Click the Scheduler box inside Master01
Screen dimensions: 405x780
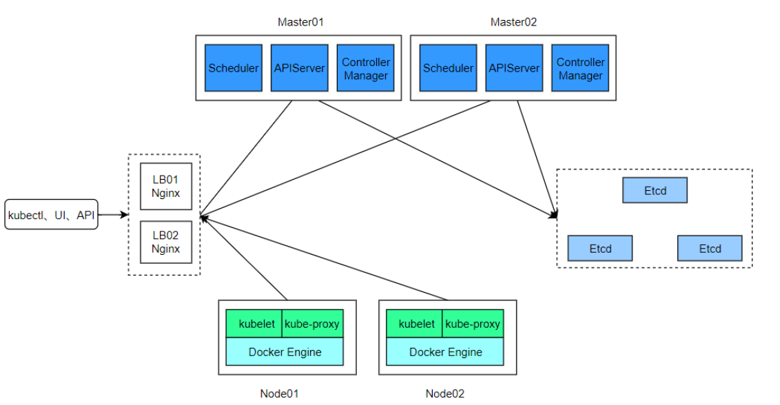coord(234,68)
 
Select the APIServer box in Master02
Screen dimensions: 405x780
coord(513,68)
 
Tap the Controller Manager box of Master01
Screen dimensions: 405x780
coord(366,68)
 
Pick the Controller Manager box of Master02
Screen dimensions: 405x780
coord(580,68)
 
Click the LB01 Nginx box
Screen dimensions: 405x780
coord(166,186)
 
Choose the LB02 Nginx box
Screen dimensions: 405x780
coord(166,242)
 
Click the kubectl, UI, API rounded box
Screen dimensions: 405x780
coord(52,215)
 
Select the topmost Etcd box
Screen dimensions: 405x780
coord(655,190)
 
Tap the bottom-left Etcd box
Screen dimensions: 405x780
coord(599,248)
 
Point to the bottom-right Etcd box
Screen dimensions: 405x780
coord(710,248)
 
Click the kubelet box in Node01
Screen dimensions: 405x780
coord(254,324)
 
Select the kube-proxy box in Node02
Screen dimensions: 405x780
coord(472,324)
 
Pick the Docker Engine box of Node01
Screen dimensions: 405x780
coord(285,352)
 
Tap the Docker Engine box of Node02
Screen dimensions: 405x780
coord(445,352)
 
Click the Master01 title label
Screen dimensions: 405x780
coord(300,22)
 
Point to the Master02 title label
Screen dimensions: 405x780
coord(513,22)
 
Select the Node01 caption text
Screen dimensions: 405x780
coord(279,394)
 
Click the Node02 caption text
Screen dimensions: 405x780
coord(445,394)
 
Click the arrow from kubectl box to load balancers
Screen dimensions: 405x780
coord(113,215)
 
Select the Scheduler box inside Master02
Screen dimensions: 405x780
coord(448,68)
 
